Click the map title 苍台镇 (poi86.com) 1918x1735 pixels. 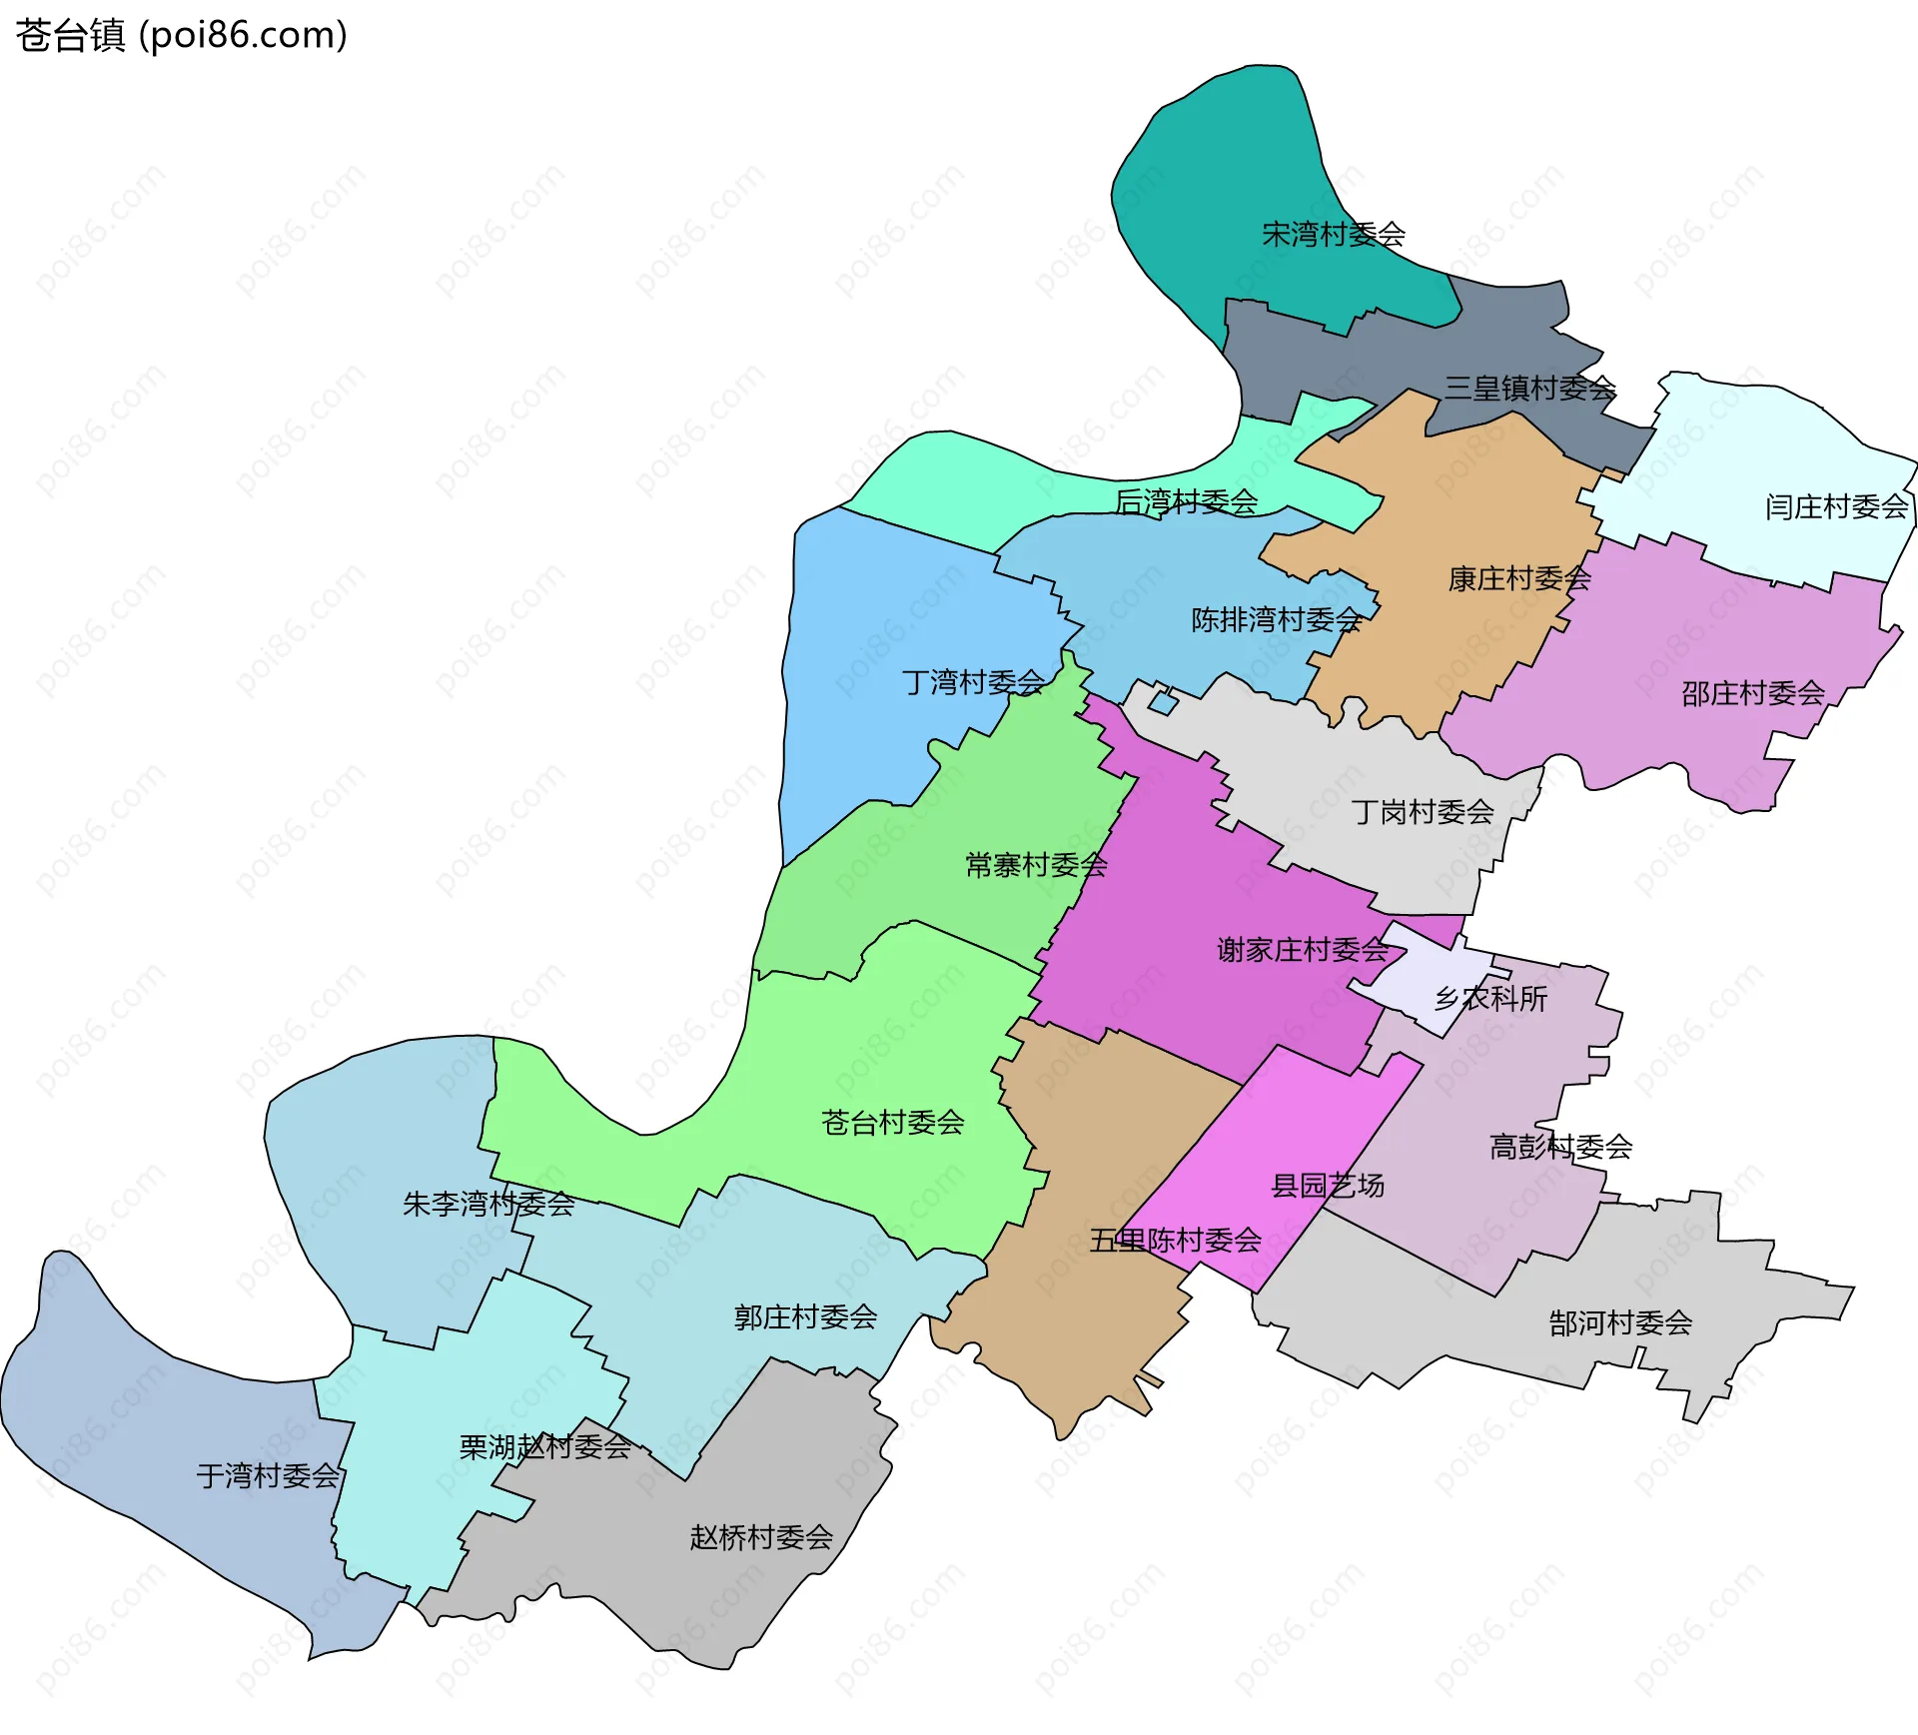[181, 35]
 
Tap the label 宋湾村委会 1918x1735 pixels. [1334, 235]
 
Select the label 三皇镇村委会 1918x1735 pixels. [1529, 388]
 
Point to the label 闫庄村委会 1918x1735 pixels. [1836, 507]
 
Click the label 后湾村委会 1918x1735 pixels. [1186, 501]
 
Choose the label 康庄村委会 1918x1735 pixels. [1519, 578]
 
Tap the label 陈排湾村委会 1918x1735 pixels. [1276, 620]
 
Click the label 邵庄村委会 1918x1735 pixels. [1752, 693]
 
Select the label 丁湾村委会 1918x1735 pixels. [973, 682]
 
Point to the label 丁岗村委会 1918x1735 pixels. [1423, 812]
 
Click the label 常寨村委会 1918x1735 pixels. [1036, 865]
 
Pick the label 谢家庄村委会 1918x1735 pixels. [1303, 950]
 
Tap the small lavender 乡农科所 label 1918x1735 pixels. [1490, 999]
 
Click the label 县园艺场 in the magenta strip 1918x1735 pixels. [1327, 1186]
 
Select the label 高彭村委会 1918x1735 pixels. [1560, 1147]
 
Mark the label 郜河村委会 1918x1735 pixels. [1620, 1323]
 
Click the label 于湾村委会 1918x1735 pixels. [268, 1476]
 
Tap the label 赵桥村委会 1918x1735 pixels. [760, 1537]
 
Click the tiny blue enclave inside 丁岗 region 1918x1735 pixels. [1163, 703]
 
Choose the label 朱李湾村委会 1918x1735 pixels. [488, 1204]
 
